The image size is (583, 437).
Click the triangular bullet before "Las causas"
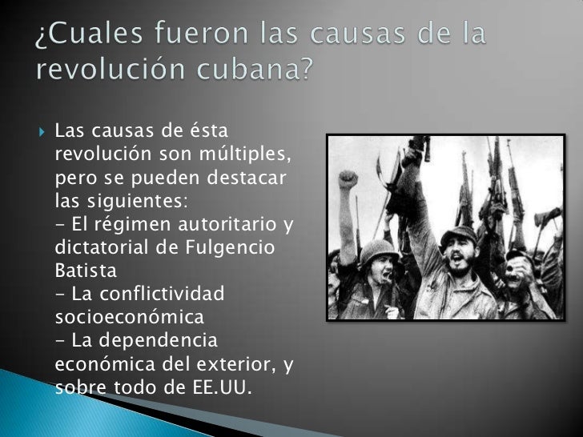point(42,130)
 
